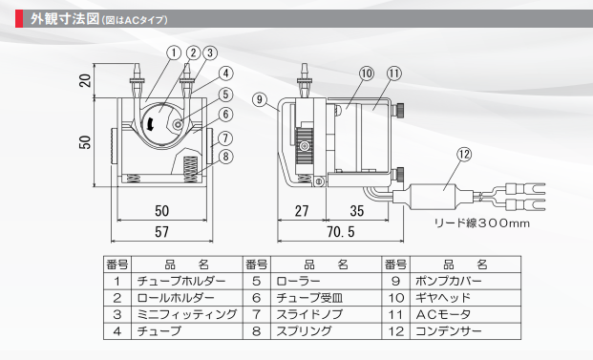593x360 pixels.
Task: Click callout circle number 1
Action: pyautogui.click(x=174, y=53)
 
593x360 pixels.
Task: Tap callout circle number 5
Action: pyautogui.click(x=225, y=95)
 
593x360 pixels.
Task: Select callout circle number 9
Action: pyautogui.click(x=260, y=99)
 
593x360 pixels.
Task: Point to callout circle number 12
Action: pyautogui.click(x=464, y=155)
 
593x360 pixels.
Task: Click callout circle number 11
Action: pyautogui.click(x=394, y=73)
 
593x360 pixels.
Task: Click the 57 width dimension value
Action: pyautogui.click(x=161, y=231)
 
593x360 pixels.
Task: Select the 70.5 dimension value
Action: pyautogui.click(x=341, y=231)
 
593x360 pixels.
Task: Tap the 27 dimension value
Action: pyautogui.click(x=302, y=211)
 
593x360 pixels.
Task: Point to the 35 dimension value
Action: pyautogui.click(x=356, y=211)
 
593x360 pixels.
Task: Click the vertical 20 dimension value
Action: pyautogui.click(x=86, y=80)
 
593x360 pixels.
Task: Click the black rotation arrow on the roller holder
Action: pyautogui.click(x=150, y=123)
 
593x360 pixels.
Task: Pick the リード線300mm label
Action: pyautogui.click(x=481, y=222)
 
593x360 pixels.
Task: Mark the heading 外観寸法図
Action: pyautogui.click(x=65, y=19)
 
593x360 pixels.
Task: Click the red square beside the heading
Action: pyautogui.click(x=19, y=19)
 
